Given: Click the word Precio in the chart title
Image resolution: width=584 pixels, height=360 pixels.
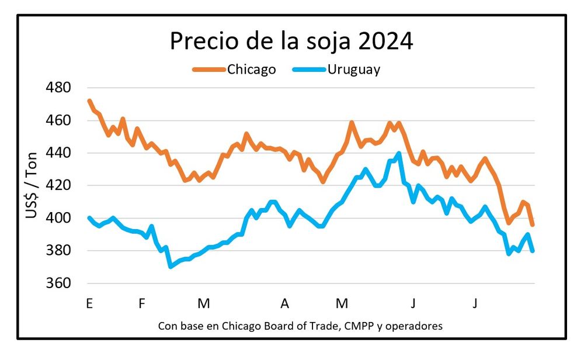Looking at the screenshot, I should pyautogui.click(x=201, y=41).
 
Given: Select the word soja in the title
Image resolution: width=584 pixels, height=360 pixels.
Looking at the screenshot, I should pyautogui.click(x=326, y=41).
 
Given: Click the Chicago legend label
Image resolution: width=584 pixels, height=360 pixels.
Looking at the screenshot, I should pyautogui.click(x=251, y=70).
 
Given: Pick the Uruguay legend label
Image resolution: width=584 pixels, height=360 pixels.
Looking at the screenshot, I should pyautogui.click(x=353, y=70).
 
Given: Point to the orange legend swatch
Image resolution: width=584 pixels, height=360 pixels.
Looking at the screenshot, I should pyautogui.click(x=208, y=70).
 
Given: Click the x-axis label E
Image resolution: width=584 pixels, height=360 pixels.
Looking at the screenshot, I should pyautogui.click(x=89, y=304).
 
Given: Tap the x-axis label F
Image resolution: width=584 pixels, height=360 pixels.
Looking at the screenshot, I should pyautogui.click(x=142, y=304).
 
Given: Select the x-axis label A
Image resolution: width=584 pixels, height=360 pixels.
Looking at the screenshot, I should pyautogui.click(x=284, y=304).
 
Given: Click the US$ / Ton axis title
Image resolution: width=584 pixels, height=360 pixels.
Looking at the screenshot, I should pyautogui.click(x=32, y=186).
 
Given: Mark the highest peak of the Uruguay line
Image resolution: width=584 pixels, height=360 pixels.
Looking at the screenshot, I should pyautogui.click(x=399, y=154).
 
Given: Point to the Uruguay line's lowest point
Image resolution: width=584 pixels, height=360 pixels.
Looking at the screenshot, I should pyautogui.click(x=171, y=266).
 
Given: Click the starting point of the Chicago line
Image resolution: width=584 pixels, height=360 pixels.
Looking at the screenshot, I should pyautogui.click(x=89, y=101).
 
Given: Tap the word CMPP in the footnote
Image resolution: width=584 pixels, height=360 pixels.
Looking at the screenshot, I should pyautogui.click(x=354, y=326).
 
